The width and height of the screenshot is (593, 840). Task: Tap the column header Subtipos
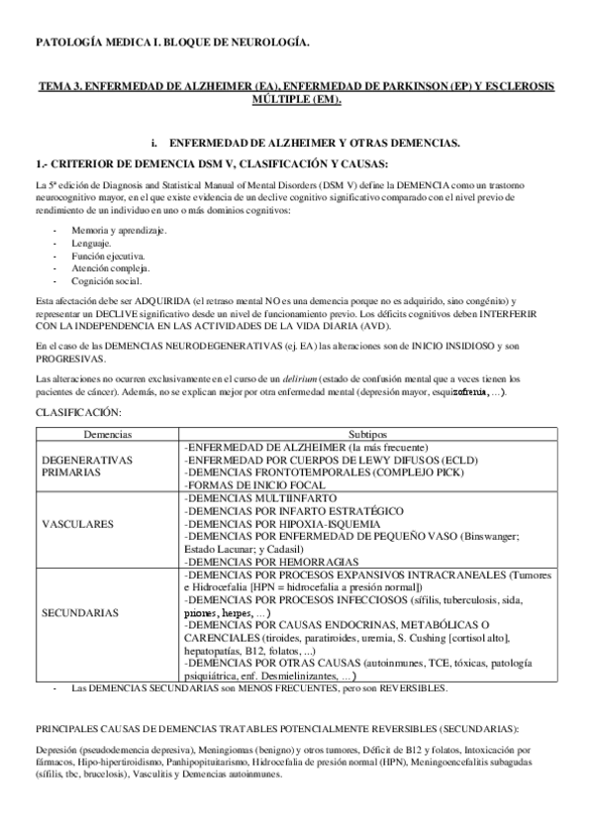[369, 435]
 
